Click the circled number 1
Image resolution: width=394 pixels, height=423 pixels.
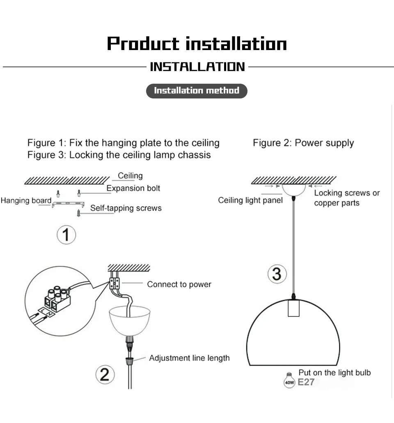coord(66,235)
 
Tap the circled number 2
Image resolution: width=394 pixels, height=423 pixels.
coord(105,375)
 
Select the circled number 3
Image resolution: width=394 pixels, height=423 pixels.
coord(277,274)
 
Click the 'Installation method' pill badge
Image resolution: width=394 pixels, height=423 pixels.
coord(197,91)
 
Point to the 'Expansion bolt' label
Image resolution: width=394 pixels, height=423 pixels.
coord(133,188)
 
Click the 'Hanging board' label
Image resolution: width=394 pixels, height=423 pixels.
coord(26,201)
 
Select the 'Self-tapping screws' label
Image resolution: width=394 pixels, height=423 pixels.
coord(126,208)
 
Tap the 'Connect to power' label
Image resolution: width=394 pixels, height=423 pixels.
coord(179,284)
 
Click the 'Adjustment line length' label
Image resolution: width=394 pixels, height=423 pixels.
coord(190,358)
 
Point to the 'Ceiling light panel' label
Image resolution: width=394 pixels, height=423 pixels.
coord(250,200)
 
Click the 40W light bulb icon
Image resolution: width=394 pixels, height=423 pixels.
coord(290,380)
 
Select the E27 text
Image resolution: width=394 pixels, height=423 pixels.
coord(306,382)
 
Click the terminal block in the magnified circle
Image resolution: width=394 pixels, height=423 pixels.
coord(57,299)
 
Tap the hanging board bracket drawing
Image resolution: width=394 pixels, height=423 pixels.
coord(68,204)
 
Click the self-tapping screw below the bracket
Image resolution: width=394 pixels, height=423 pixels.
coord(78,213)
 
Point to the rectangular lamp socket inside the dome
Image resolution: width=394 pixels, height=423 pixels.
coord(293,308)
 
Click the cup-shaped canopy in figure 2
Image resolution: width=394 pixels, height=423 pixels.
coord(130,321)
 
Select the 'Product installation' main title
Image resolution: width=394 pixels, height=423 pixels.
coord(197,43)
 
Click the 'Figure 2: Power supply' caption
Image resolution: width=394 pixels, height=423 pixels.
coord(303,143)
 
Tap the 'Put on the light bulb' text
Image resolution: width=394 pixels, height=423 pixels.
coord(334,373)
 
